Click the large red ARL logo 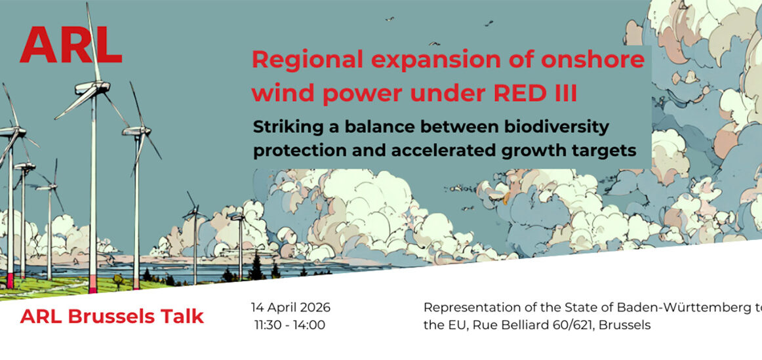(x=71, y=45)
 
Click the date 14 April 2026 (x=291, y=308)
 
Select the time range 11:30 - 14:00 (x=290, y=325)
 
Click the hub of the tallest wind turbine (x=93, y=87)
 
